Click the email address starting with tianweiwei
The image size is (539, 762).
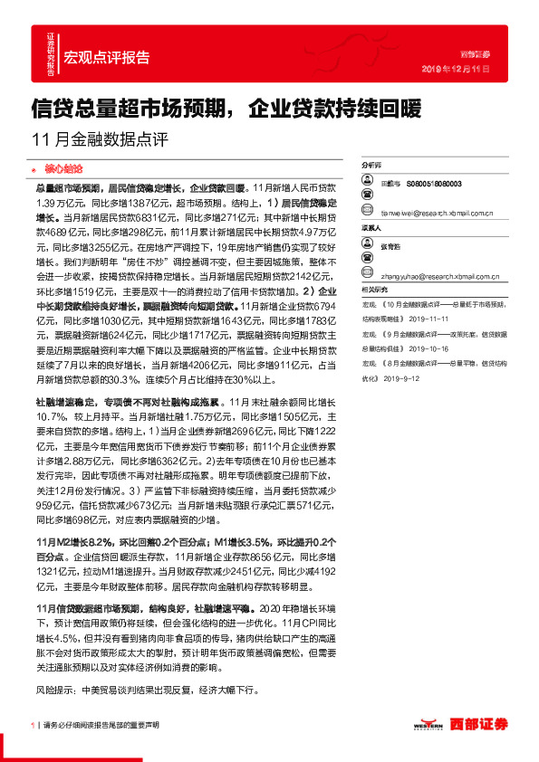coord(437,214)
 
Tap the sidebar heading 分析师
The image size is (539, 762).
coord(372,167)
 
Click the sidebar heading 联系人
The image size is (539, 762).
coord(372,229)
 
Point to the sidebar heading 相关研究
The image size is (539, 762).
coord(374,289)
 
